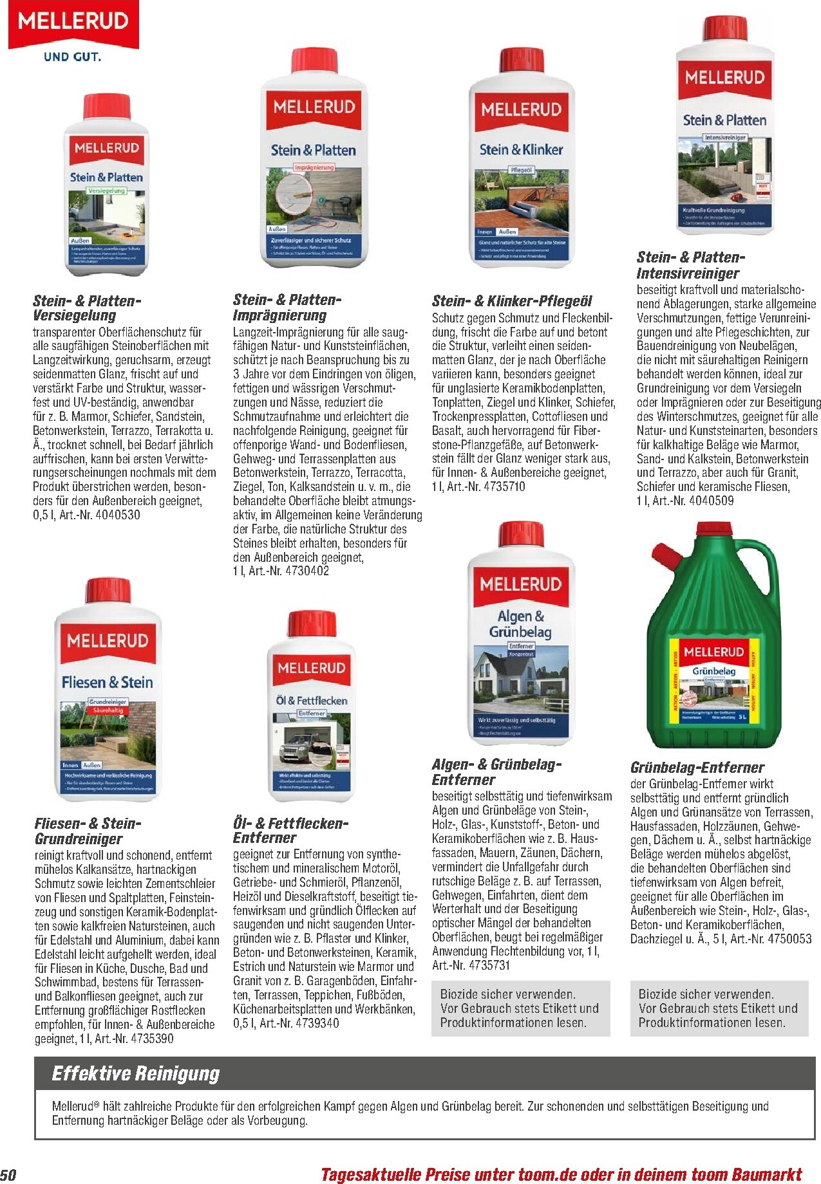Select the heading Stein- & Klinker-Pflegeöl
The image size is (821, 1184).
pyautogui.click(x=512, y=301)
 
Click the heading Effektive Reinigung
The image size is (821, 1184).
pyautogui.click(x=136, y=1074)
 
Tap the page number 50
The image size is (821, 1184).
pyautogui.click(x=8, y=1174)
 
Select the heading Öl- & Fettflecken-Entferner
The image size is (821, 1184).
pyautogui.click(x=290, y=831)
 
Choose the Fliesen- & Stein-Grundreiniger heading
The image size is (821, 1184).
pyautogui.click(x=88, y=831)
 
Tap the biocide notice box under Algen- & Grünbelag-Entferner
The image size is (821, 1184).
pyautogui.click(x=520, y=1008)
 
